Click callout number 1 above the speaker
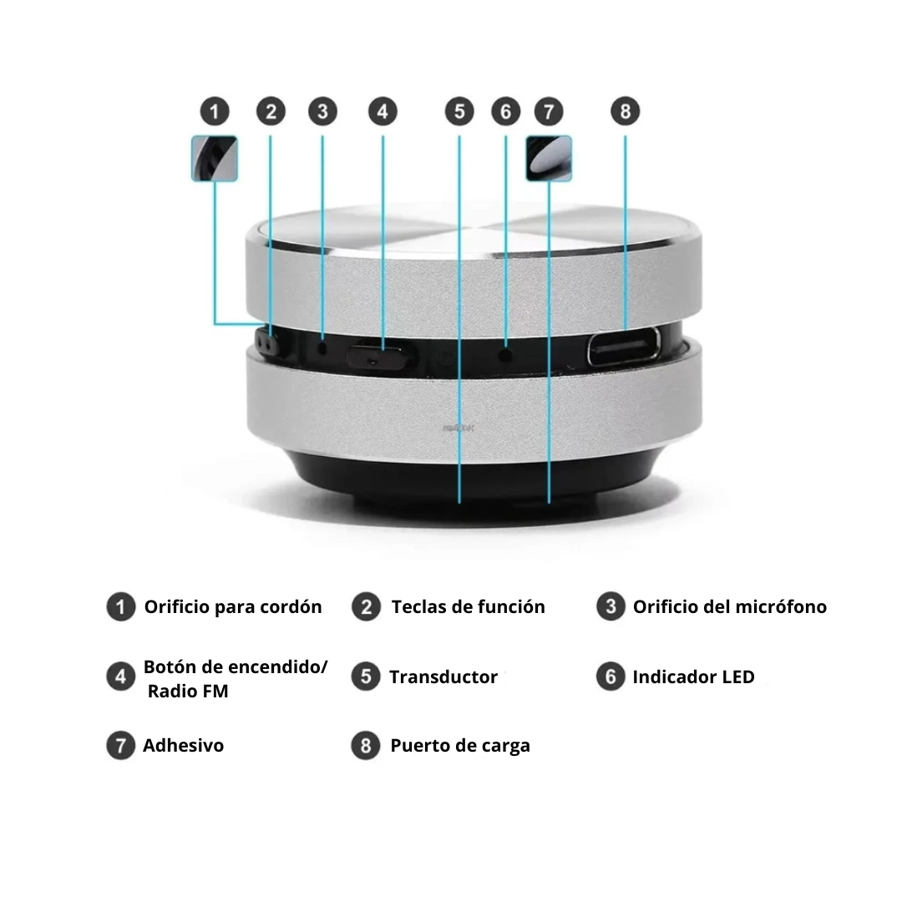[215, 111]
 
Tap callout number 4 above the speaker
[383, 111]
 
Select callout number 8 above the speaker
[626, 111]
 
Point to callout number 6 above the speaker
[505, 111]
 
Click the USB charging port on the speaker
[624, 347]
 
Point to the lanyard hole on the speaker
[266, 342]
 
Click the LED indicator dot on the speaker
[505, 356]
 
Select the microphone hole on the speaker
[322, 347]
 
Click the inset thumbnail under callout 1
[215, 158]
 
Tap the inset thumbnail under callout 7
[549, 158]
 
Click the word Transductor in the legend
[443, 677]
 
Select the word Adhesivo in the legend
[184, 746]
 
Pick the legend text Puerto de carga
[460, 746]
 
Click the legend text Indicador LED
[694, 677]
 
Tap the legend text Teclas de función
[469, 607]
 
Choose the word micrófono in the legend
[781, 607]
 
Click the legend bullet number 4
[121, 676]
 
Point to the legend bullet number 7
[121, 746]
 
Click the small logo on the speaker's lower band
[459, 428]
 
